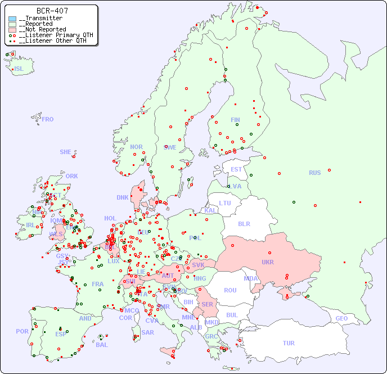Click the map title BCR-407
click(52, 11)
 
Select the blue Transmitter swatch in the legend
click(12, 19)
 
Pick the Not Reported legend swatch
click(12, 30)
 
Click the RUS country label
click(314, 173)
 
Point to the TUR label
click(289, 343)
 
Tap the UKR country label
click(268, 262)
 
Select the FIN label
click(235, 120)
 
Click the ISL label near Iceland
click(19, 69)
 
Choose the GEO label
click(341, 318)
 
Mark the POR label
click(22, 331)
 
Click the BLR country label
click(244, 223)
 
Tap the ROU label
click(230, 290)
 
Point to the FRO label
click(48, 119)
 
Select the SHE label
click(66, 152)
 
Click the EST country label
click(236, 169)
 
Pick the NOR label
click(136, 147)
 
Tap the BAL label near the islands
click(102, 345)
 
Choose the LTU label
click(225, 203)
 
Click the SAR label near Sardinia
click(147, 332)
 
